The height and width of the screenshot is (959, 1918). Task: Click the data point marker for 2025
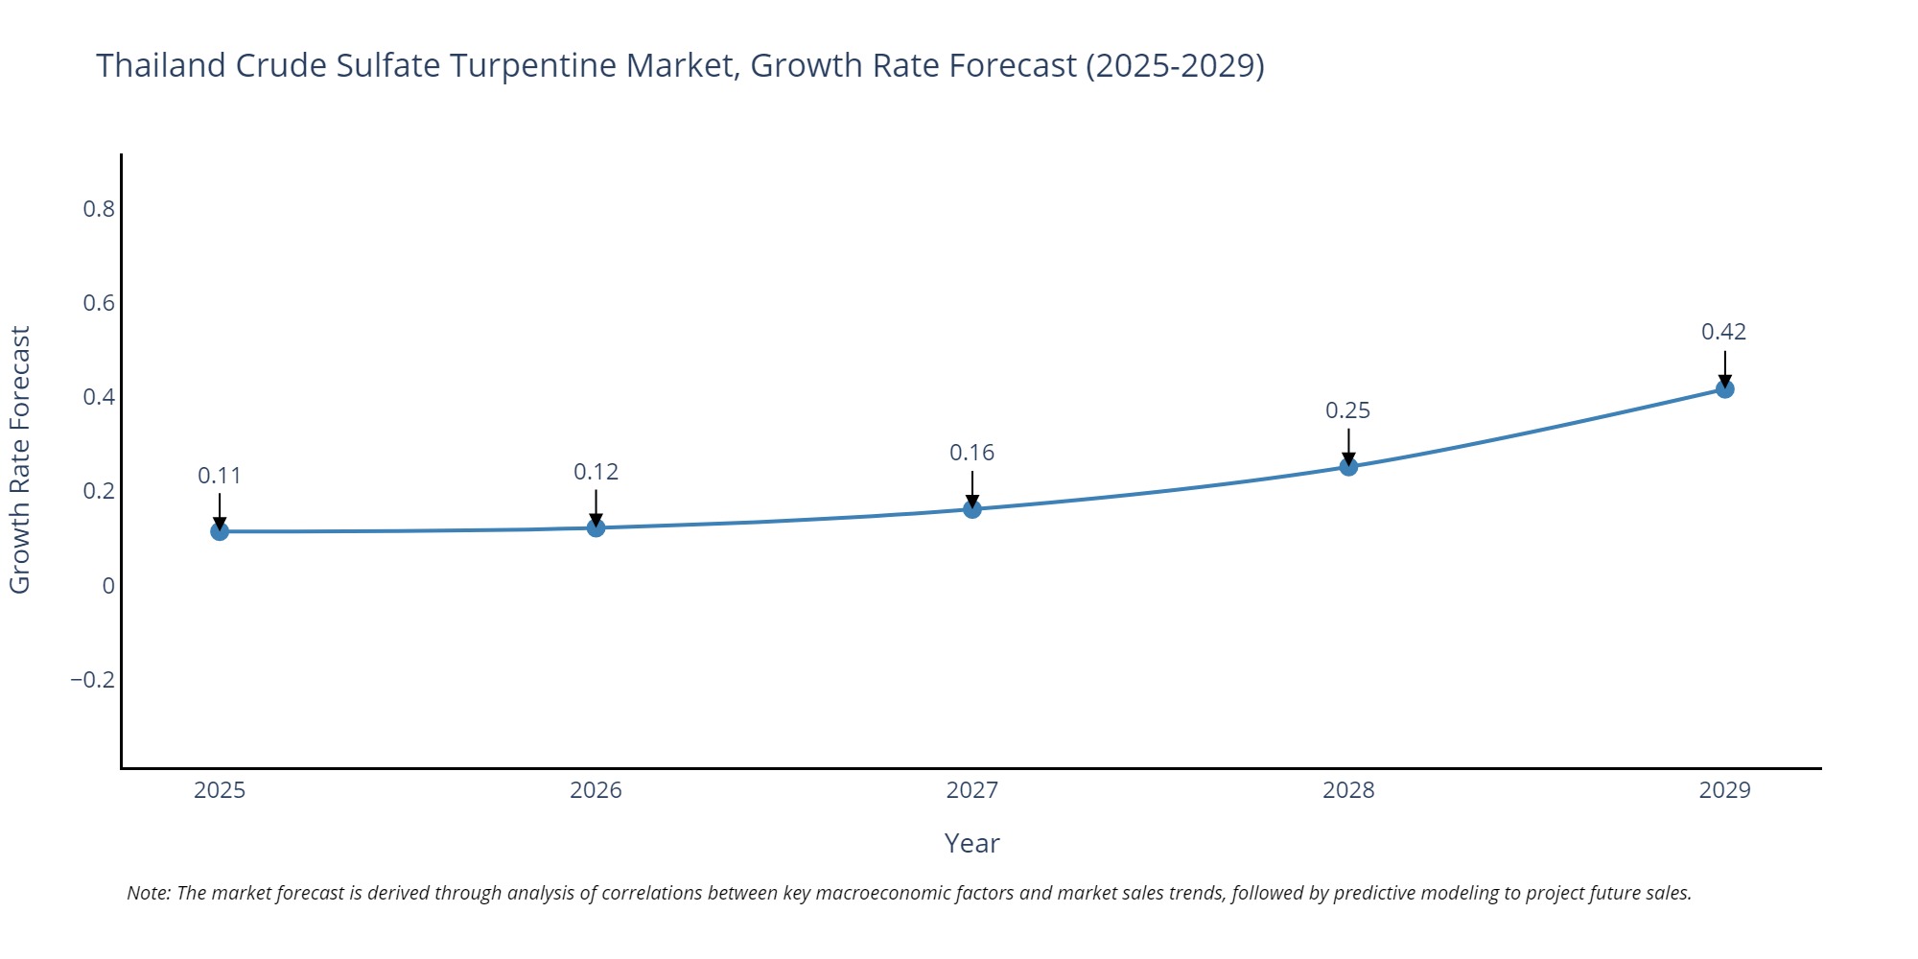click(x=220, y=531)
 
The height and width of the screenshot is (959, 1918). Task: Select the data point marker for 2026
click(x=596, y=527)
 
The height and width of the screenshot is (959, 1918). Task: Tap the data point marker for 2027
click(x=972, y=509)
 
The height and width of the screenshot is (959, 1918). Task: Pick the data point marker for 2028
click(x=1348, y=467)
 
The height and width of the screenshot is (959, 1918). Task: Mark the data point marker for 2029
click(x=1724, y=389)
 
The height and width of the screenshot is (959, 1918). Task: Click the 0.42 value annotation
click(x=1723, y=332)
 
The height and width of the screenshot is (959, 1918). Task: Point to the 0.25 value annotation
click(x=1347, y=410)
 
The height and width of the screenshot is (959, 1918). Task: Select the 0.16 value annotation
click(x=971, y=453)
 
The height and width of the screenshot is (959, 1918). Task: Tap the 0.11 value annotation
click(x=220, y=476)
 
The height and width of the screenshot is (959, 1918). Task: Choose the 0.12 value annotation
click(x=596, y=472)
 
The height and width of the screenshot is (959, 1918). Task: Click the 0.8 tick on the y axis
click(x=99, y=209)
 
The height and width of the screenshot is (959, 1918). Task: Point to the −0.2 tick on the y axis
click(x=92, y=680)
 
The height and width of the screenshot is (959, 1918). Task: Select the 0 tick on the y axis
click(x=108, y=586)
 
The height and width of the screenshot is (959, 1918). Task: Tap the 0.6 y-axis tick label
click(x=99, y=303)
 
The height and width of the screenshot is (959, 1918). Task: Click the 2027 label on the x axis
click(x=971, y=790)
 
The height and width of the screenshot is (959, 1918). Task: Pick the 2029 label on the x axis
click(x=1724, y=790)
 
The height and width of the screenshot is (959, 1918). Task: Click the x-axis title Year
click(x=971, y=843)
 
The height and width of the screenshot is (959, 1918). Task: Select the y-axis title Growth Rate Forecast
click(x=20, y=460)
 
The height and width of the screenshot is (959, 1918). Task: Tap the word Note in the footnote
click(x=148, y=893)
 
